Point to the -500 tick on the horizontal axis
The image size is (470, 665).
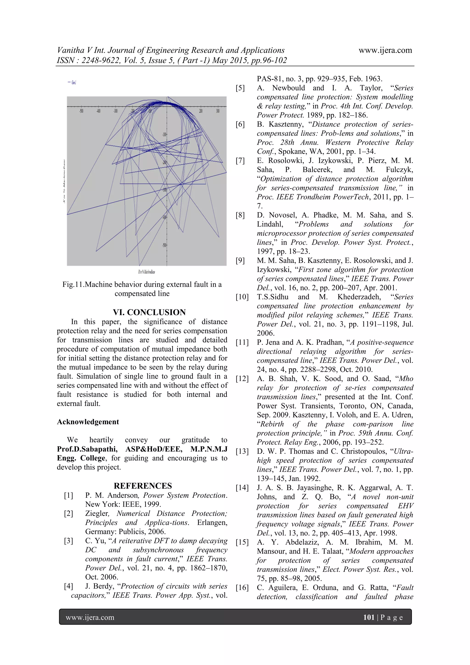click(82, 111)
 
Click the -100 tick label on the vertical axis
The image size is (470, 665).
click(164, 134)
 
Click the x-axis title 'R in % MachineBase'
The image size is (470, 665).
click(146, 272)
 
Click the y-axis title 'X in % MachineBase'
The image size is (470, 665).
click(64, 181)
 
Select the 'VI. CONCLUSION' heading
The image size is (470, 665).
click(149, 312)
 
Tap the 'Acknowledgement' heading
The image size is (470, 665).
click(88, 422)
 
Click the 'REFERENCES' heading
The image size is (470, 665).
click(143, 486)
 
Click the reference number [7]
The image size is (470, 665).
click(240, 161)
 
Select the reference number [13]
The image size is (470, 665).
click(242, 451)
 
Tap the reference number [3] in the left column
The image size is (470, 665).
click(69, 541)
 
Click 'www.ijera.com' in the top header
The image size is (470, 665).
click(385, 50)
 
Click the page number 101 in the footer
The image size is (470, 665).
click(369, 617)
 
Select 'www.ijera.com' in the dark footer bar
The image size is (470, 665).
click(90, 617)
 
